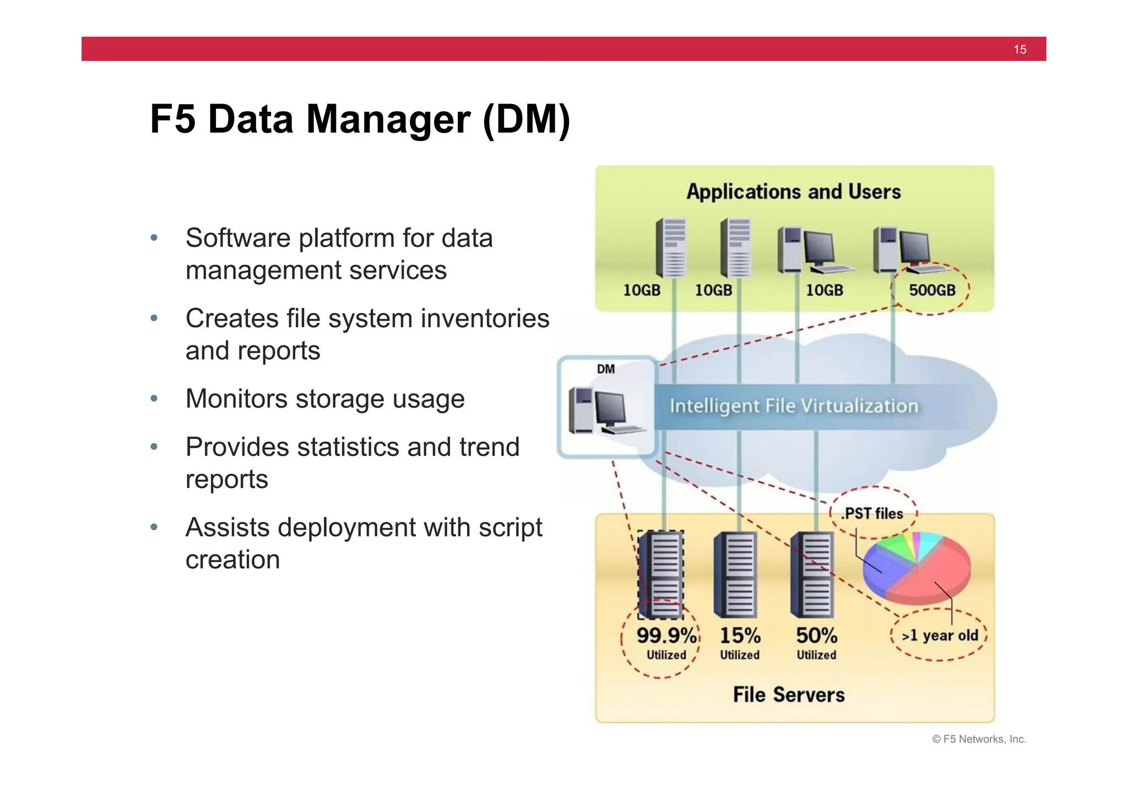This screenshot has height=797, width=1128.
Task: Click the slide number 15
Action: pyautogui.click(x=1019, y=50)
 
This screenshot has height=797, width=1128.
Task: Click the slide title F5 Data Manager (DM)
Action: pyautogui.click(x=360, y=119)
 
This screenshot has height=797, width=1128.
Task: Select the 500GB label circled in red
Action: pyautogui.click(x=932, y=290)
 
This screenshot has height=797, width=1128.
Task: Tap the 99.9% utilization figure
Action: pyautogui.click(x=666, y=636)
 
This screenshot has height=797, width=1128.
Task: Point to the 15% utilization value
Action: pyautogui.click(x=740, y=636)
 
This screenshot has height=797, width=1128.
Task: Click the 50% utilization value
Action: pyautogui.click(x=816, y=636)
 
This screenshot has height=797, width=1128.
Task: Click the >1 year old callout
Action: pyautogui.click(x=940, y=635)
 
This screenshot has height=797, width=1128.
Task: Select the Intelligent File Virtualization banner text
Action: pyautogui.click(x=794, y=406)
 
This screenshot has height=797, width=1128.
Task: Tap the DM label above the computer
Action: pyautogui.click(x=606, y=369)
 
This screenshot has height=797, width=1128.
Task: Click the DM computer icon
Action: pyautogui.click(x=603, y=411)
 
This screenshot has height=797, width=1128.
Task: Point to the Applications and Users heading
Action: pyautogui.click(x=794, y=192)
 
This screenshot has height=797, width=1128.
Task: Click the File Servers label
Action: pyautogui.click(x=789, y=695)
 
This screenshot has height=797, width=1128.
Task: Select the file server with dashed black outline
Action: pyautogui.click(x=661, y=574)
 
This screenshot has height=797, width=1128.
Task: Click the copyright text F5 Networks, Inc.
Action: pyautogui.click(x=979, y=739)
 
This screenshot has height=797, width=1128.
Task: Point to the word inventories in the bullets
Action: pyautogui.click(x=482, y=318)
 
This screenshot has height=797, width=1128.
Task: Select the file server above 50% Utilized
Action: pyautogui.click(x=812, y=574)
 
